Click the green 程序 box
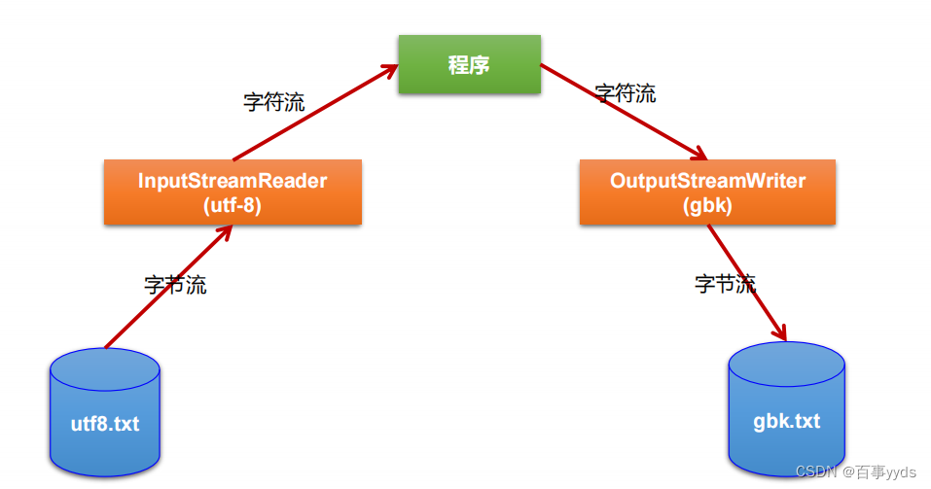(x=469, y=64)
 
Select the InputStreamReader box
(x=233, y=192)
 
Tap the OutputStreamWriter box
(x=707, y=192)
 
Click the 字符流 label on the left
(x=273, y=102)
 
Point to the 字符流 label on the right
(x=626, y=93)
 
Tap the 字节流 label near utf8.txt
(x=175, y=285)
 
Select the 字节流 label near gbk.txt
(x=725, y=284)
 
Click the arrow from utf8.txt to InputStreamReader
(x=165, y=288)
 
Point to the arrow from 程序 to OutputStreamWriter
(x=623, y=112)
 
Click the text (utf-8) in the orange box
(x=233, y=206)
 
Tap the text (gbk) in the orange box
(x=707, y=206)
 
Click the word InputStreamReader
(x=233, y=181)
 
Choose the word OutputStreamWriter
(x=707, y=181)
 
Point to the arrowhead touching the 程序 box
(x=390, y=69)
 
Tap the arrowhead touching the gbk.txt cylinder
(x=780, y=333)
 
